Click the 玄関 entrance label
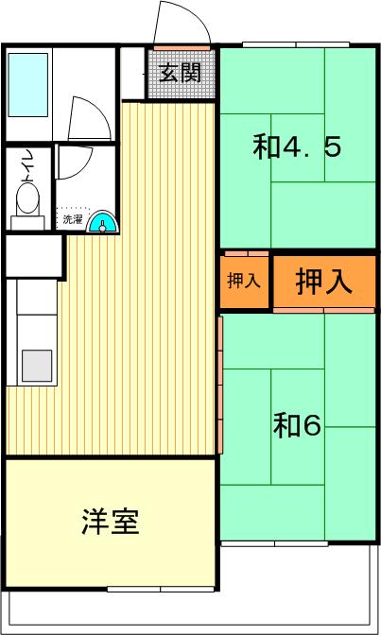tap(180, 73)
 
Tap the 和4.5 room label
tap(297, 147)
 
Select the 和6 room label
tap(298, 425)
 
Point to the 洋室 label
tap(111, 522)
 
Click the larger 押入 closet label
tap(324, 282)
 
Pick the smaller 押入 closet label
tap(245, 281)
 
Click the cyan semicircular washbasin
tap(103, 222)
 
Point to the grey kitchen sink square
tap(37, 365)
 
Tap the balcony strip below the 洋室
tap(189, 605)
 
